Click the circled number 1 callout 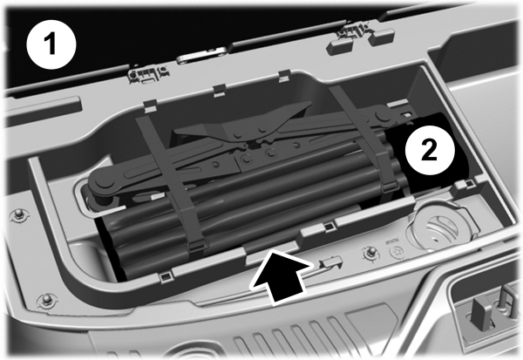[53, 43]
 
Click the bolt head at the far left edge [17, 215]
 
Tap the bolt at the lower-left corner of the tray [44, 302]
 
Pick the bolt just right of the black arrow [370, 254]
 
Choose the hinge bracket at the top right [352, 35]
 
